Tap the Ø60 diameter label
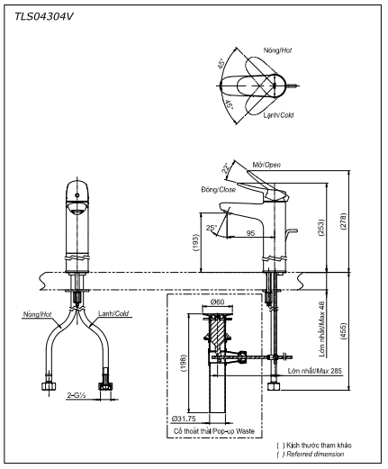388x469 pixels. point(217,302)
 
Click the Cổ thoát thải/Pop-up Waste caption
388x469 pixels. point(216,433)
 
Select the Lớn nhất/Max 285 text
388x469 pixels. point(314,370)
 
